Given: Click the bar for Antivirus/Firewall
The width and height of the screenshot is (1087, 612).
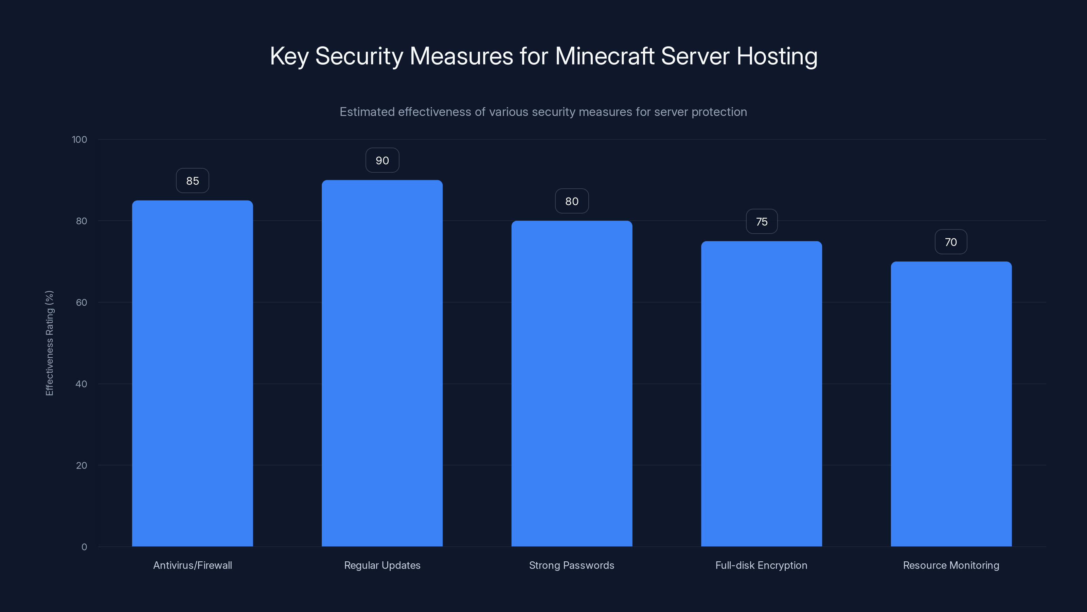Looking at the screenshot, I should (x=192, y=373).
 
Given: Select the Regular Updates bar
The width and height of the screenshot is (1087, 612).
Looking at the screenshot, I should (x=382, y=363).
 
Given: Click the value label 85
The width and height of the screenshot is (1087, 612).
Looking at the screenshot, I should (x=192, y=181).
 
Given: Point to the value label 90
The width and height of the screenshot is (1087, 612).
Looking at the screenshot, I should (x=382, y=160).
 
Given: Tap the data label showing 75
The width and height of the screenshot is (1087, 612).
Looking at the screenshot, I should (x=762, y=222).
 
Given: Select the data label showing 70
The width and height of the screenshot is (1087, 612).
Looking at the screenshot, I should (x=951, y=242).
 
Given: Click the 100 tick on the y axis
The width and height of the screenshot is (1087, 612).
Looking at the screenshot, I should (x=79, y=139).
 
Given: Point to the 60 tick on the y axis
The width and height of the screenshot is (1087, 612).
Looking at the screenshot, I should (x=82, y=302).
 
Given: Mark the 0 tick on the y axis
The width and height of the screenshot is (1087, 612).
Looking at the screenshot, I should (x=84, y=547).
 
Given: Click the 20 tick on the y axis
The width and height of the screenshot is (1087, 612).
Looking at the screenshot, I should (x=82, y=465).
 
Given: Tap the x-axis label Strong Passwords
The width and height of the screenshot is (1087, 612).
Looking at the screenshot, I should (x=571, y=565).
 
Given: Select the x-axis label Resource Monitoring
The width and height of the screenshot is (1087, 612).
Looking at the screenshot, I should (x=951, y=565).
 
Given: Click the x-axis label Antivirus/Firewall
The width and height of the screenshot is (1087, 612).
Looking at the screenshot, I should (x=192, y=565).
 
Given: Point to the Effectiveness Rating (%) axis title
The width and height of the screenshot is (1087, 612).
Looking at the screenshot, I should (x=49, y=343).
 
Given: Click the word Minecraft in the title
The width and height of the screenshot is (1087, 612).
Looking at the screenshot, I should (x=604, y=56).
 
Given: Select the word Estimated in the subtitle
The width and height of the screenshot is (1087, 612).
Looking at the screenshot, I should (x=367, y=112).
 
